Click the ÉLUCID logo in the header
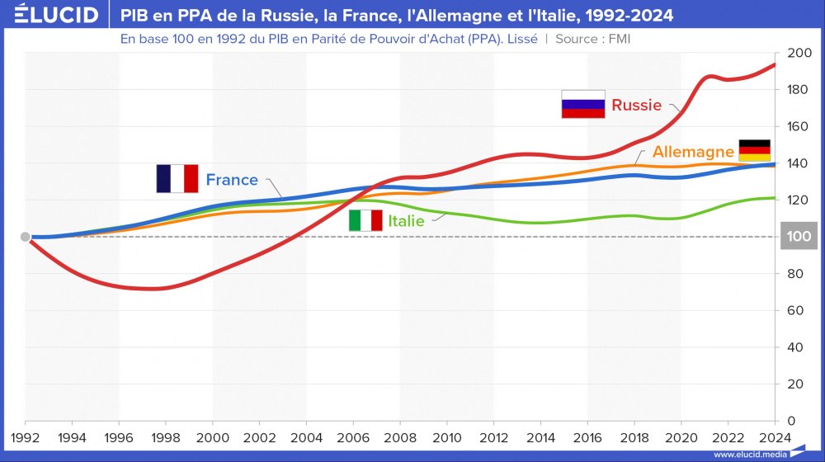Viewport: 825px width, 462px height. [x=51, y=15]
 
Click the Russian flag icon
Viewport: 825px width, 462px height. [x=583, y=105]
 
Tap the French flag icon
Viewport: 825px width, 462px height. [x=177, y=179]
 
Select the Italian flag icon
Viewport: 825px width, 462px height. [x=365, y=220]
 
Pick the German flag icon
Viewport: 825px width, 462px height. [x=754, y=151]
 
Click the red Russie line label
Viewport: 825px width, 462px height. [x=636, y=105]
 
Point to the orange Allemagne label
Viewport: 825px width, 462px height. [x=693, y=152]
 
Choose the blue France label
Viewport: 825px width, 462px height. [x=232, y=180]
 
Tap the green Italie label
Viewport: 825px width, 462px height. [x=406, y=221]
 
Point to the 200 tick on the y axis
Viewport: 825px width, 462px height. [x=799, y=53]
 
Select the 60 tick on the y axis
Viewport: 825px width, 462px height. [x=795, y=310]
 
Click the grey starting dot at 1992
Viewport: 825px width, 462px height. [x=26, y=237]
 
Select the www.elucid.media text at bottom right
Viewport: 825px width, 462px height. [x=747, y=454]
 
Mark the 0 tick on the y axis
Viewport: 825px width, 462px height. [x=791, y=421]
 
